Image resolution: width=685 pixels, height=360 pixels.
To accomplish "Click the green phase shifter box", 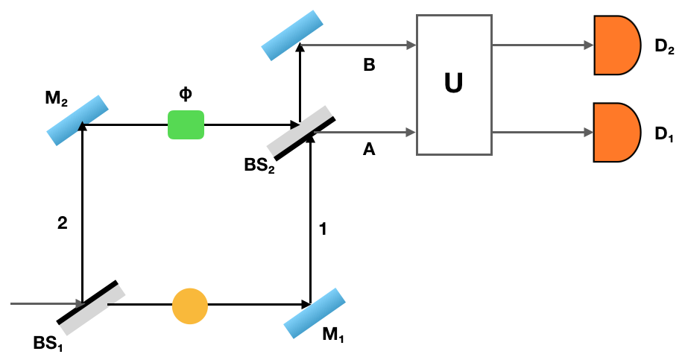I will pos(186,124).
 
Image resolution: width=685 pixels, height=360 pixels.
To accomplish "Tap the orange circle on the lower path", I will pos(190,306).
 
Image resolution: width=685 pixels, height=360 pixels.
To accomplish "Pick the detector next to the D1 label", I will pos(616,133).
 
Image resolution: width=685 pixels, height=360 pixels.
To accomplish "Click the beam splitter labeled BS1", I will pos(91,307).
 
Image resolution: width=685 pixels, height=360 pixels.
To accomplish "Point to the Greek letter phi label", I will pos(185,95).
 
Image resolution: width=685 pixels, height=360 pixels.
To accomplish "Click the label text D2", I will pos(665,47).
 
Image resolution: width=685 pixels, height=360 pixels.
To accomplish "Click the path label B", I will pos(369,65).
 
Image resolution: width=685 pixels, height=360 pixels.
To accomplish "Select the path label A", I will pos(368,150).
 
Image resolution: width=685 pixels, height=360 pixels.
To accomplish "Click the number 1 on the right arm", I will pos(322,230).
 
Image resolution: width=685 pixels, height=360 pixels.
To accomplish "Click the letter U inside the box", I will pos(453,83).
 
